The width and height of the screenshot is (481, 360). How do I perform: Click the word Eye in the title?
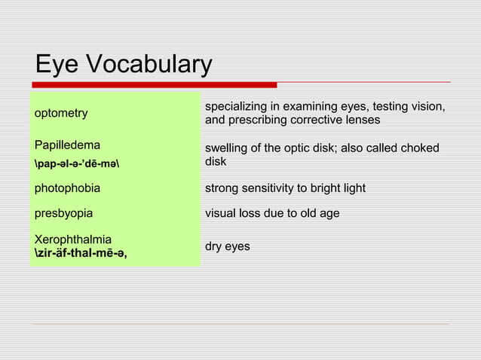tap(57, 65)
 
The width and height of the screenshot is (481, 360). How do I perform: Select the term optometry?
tap(61, 113)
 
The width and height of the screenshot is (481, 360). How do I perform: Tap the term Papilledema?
tap(67, 145)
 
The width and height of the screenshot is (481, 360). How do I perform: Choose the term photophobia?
tap(67, 188)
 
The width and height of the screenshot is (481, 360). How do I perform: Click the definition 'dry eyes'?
tap(228, 246)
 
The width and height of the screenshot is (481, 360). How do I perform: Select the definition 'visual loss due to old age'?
tap(272, 213)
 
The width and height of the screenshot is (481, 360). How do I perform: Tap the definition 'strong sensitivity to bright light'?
tap(285, 188)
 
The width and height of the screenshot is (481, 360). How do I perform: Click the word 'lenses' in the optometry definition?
tap(361, 121)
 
